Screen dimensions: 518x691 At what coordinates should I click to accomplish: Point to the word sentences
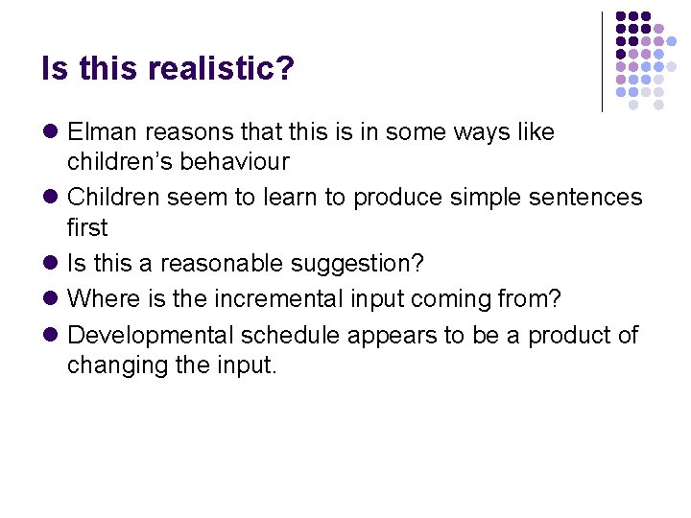(x=585, y=198)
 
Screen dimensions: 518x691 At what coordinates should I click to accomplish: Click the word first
(x=87, y=228)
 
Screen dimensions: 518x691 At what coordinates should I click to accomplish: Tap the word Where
(x=103, y=299)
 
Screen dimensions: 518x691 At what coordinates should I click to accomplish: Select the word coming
(x=456, y=299)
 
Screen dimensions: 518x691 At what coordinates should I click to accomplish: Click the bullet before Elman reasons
(x=51, y=132)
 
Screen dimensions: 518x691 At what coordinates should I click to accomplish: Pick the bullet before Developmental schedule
(x=51, y=336)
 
